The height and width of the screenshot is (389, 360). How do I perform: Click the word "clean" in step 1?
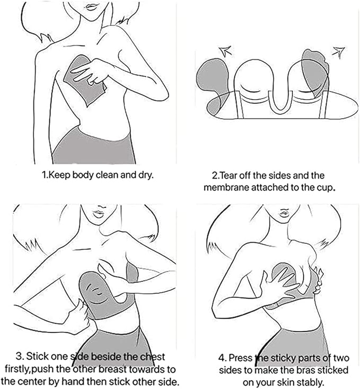tap(107, 175)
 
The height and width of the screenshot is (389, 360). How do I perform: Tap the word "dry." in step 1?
tap(146, 175)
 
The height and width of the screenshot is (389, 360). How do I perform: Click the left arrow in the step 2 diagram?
tap(226, 51)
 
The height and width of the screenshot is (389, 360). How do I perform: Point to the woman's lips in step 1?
tap(92, 6)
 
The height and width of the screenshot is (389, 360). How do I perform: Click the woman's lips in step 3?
tap(99, 214)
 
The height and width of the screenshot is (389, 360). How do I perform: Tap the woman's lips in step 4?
tap(285, 213)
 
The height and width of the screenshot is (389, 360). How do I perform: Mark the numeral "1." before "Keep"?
tap(44, 175)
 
